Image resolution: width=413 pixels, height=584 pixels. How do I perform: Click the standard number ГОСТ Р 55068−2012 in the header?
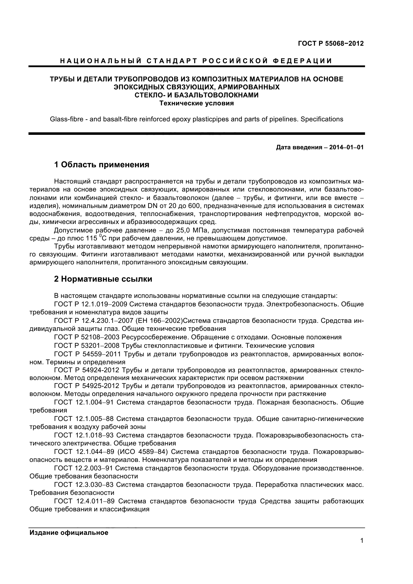tap(331, 43)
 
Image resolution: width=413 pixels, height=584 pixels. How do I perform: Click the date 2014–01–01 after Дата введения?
tap(346, 147)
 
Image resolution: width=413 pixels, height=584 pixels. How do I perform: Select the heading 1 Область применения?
tap(101, 165)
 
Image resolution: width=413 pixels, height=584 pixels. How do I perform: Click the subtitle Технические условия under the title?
tap(196, 103)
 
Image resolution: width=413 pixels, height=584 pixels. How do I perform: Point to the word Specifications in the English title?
tap(322, 119)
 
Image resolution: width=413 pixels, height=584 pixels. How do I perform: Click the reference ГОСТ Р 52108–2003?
tap(86, 337)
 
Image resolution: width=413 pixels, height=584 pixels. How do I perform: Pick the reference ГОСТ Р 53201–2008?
tap(86, 346)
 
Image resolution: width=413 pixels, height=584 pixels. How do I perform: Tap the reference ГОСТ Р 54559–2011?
tap(86, 354)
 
